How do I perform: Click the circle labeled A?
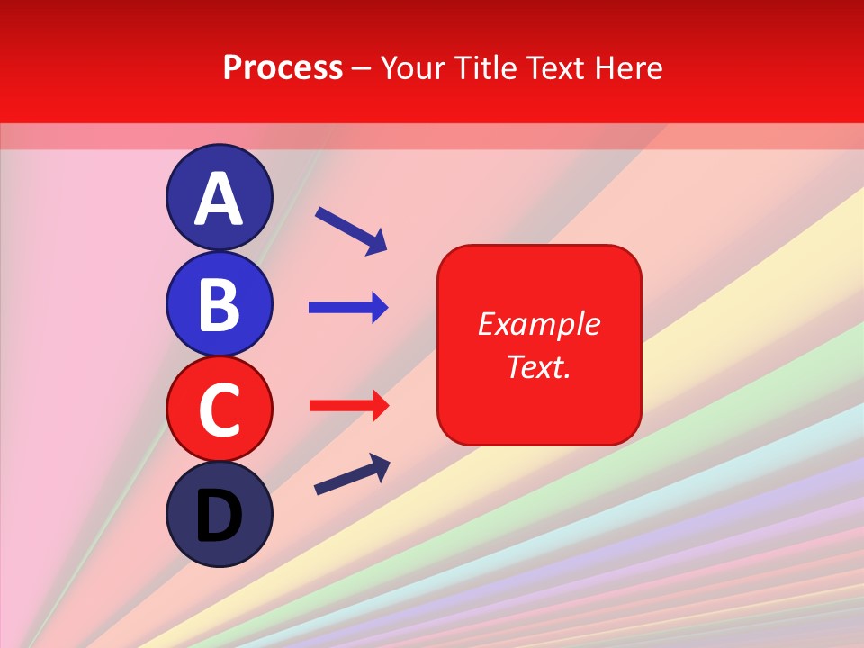click(219, 198)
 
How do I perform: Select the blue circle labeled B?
click(219, 303)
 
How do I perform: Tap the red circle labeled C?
click(219, 409)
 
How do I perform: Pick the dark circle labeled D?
click(219, 514)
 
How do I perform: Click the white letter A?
click(219, 199)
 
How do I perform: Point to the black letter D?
click(219, 516)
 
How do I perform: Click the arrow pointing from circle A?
click(351, 230)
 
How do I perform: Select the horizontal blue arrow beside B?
click(347, 308)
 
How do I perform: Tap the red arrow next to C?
click(347, 406)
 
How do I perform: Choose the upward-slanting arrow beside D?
click(352, 474)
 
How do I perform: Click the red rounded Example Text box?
click(539, 345)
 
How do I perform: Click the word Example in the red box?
click(538, 324)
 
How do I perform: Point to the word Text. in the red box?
click(538, 366)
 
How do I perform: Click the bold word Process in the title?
click(283, 67)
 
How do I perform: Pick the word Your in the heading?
click(411, 67)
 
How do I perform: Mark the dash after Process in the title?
click(362, 69)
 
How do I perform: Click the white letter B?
click(219, 304)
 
